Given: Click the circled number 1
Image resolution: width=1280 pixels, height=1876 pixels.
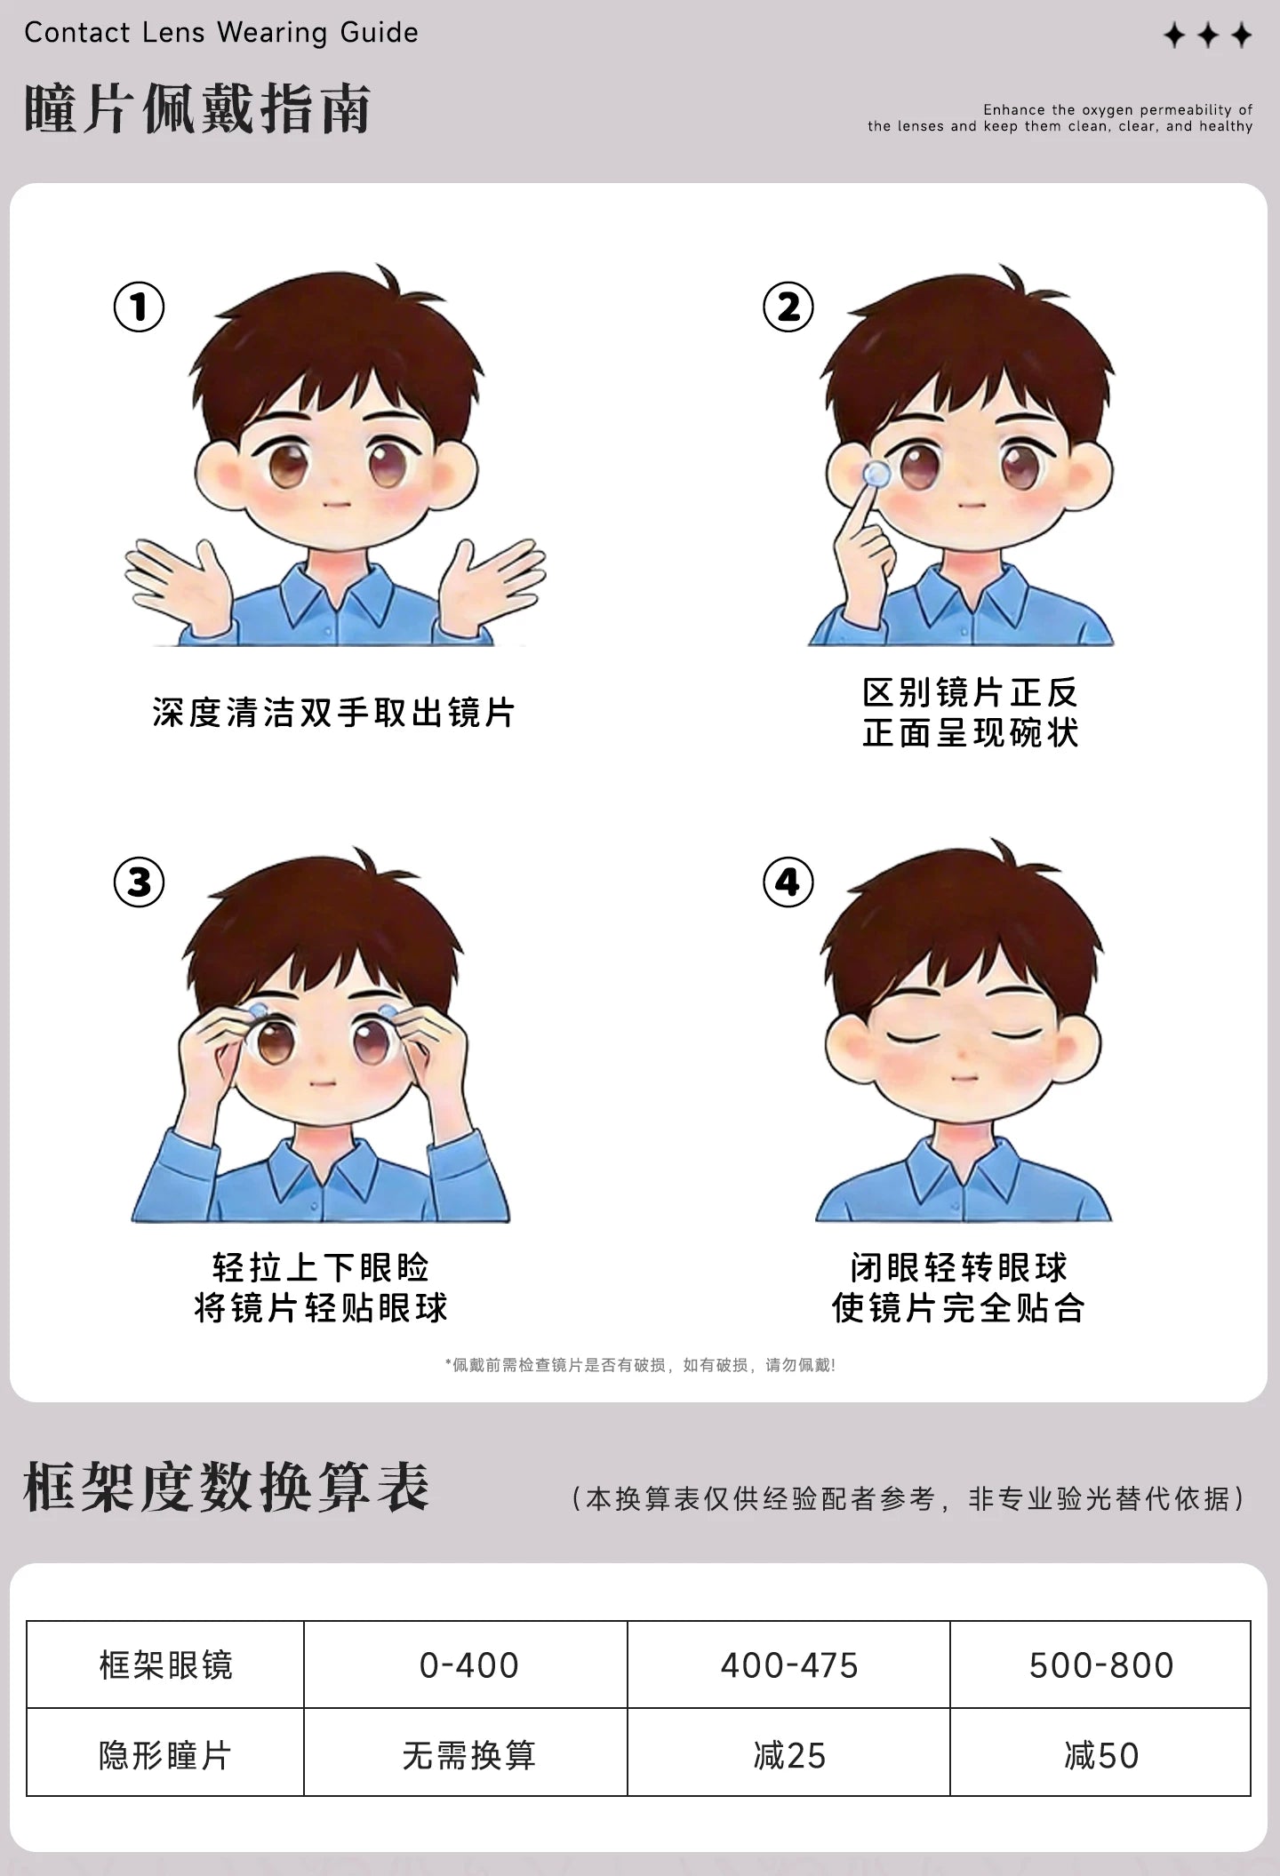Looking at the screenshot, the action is [139, 307].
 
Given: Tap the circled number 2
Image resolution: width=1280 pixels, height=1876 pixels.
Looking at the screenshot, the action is [788, 307].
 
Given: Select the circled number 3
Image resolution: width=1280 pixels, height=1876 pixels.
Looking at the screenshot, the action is [139, 882].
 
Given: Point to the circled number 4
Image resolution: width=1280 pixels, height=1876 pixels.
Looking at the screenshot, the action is [788, 882].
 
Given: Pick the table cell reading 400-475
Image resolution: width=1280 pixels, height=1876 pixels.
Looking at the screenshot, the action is [788, 1665].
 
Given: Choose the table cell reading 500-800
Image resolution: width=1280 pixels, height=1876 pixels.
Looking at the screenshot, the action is [1100, 1665].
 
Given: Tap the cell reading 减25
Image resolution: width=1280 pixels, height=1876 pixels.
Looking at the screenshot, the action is [788, 1755].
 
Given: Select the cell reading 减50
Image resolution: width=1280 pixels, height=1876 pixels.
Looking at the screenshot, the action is [1100, 1755].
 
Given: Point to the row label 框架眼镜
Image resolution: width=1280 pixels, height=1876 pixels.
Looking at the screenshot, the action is [165, 1665].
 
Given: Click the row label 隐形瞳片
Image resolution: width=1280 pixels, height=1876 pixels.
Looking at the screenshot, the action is [165, 1755].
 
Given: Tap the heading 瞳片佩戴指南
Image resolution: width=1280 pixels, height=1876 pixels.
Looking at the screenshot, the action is [197, 109].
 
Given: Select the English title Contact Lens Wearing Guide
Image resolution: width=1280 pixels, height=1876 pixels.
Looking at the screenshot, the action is [221, 33].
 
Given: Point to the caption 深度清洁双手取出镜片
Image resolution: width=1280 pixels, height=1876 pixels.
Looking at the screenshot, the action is [333, 713].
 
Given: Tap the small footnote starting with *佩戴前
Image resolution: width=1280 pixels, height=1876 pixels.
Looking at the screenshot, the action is [640, 1365].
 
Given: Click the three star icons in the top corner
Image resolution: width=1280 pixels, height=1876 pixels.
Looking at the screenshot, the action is [1208, 36].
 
